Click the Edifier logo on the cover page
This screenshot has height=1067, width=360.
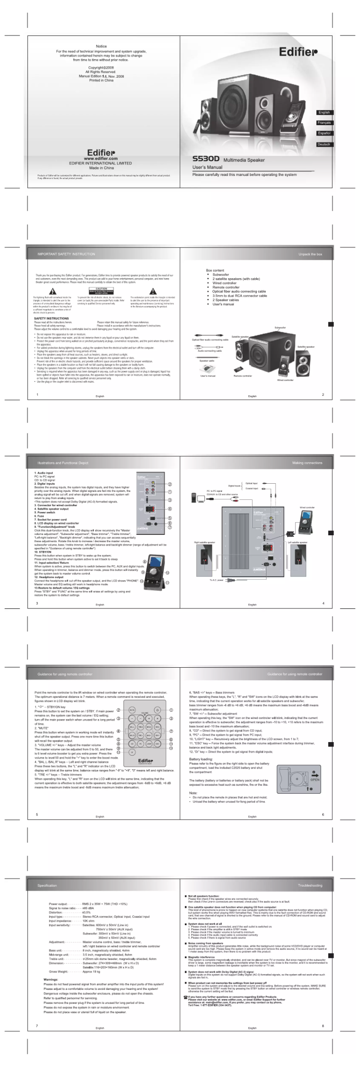click(x=298, y=52)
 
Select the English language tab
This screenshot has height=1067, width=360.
click(x=324, y=113)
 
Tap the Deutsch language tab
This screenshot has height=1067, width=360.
click(x=324, y=144)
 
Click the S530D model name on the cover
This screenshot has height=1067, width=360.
click(x=206, y=159)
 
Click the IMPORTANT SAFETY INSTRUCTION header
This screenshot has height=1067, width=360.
click(x=66, y=254)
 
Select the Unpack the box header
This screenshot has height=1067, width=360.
click(x=310, y=254)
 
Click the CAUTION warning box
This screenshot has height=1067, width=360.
click(x=101, y=290)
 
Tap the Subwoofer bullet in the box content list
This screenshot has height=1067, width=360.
click(x=220, y=275)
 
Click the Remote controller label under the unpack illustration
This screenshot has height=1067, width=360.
click(x=243, y=376)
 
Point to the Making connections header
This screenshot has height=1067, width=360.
click(x=307, y=463)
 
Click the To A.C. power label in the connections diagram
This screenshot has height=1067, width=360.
click(x=216, y=580)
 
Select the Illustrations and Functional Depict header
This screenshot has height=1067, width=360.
click(x=63, y=463)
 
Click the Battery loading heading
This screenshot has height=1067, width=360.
click(x=201, y=759)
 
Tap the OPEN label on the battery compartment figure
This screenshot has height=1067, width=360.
click(x=315, y=780)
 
